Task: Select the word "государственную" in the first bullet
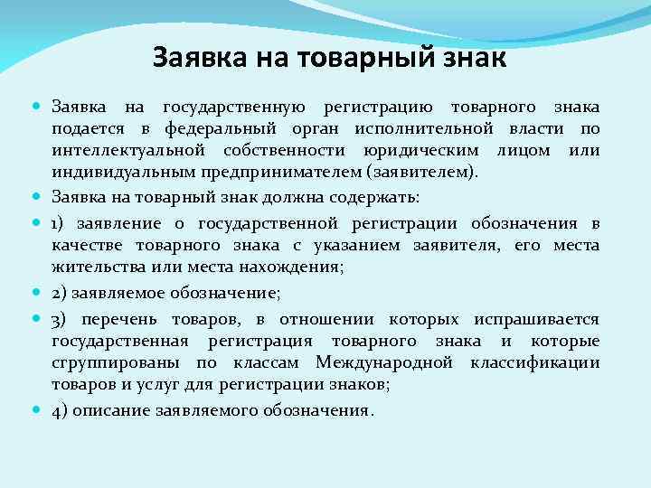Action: tap(235, 108)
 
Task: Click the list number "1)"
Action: tap(58, 223)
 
